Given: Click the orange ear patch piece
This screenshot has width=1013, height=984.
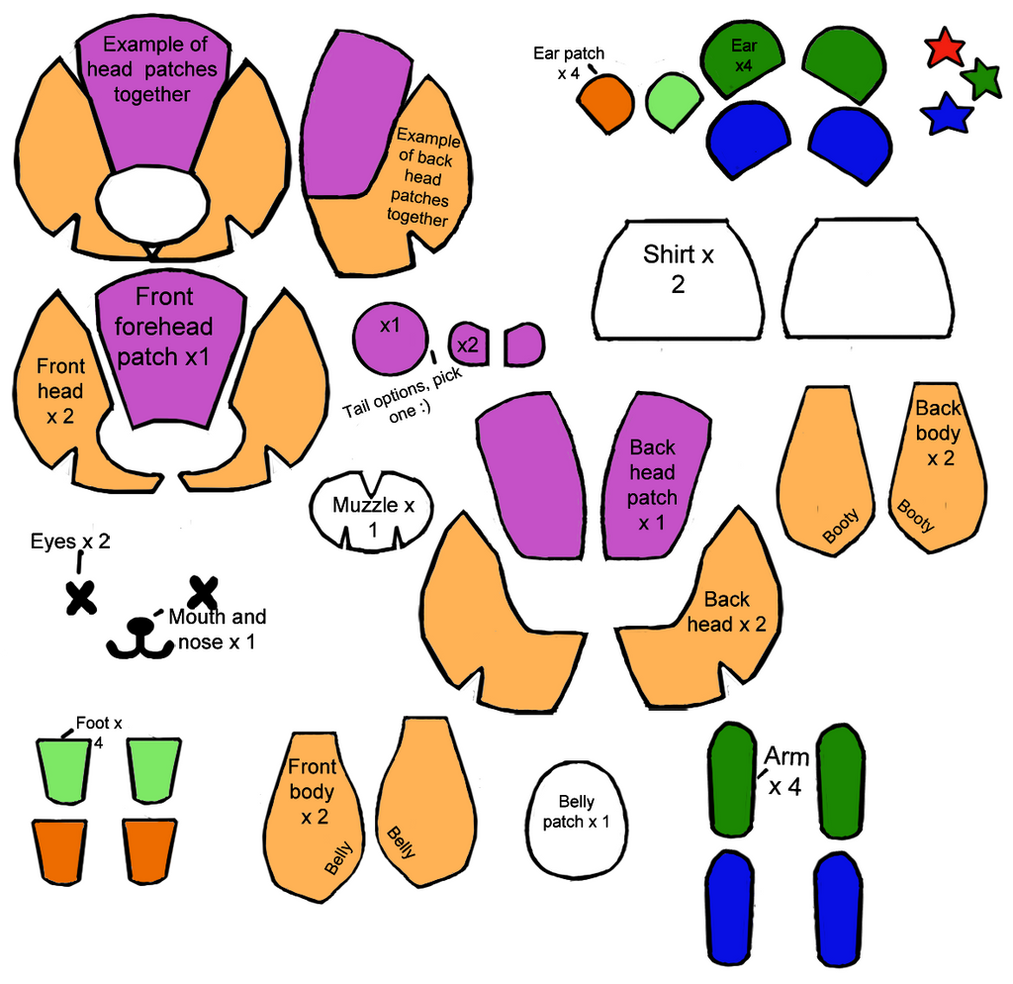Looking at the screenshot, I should pyautogui.click(x=605, y=102).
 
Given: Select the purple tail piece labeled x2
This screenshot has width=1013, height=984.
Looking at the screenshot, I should pyautogui.click(x=469, y=344).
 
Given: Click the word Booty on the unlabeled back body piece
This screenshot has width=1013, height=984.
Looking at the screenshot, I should pyautogui.click(x=841, y=526).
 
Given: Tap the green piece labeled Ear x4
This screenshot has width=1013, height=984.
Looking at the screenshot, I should pyautogui.click(x=743, y=57).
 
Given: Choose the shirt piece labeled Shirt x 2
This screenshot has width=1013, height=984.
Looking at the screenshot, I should pyautogui.click(x=677, y=282).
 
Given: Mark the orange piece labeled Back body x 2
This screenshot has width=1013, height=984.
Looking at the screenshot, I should pyautogui.click(x=937, y=465).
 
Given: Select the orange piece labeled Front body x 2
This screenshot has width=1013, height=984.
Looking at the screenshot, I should pyautogui.click(x=312, y=812).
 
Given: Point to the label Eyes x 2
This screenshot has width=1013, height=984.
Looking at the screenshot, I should pyautogui.click(x=70, y=541).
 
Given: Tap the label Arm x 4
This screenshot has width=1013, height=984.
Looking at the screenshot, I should pyautogui.click(x=787, y=772).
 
